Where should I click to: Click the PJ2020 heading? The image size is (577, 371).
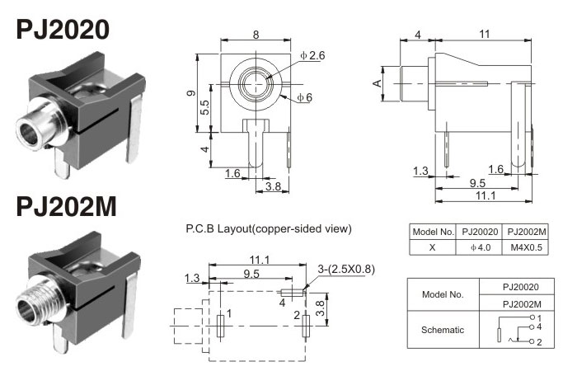pyautogui.click(x=63, y=31)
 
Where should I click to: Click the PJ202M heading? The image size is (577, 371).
pyautogui.click(x=65, y=205)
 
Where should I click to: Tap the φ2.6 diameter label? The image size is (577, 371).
pyautogui.click(x=312, y=55)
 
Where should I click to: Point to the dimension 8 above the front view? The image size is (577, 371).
pyautogui.click(x=256, y=35)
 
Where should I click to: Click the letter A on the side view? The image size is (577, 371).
pyautogui.click(x=377, y=83)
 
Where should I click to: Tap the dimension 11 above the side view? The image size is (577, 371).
pyautogui.click(x=484, y=34)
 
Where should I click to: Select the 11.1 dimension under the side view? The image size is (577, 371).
pyautogui.click(x=484, y=196)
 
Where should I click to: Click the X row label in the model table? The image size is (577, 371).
pyautogui.click(x=433, y=247)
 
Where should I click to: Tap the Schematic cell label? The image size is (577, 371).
pyautogui.click(x=443, y=329)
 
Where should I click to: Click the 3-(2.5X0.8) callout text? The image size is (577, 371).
pyautogui.click(x=345, y=268)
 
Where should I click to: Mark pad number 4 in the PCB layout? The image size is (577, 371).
pyautogui.click(x=282, y=302)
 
